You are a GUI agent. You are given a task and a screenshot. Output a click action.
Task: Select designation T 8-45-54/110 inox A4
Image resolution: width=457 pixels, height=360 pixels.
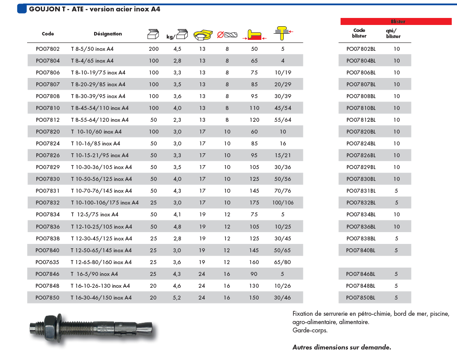click(100, 108)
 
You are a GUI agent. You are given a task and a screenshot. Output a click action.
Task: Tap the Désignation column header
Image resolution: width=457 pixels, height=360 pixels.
click(108, 34)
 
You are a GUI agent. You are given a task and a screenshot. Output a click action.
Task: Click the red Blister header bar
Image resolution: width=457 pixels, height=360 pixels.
click(396, 21)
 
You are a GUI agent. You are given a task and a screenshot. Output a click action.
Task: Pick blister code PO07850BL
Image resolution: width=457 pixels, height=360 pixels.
click(361, 298)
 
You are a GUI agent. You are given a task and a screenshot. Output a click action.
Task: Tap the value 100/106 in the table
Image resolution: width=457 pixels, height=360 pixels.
click(283, 203)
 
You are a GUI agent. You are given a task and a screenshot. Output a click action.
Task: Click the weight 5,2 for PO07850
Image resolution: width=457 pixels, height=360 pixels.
click(177, 298)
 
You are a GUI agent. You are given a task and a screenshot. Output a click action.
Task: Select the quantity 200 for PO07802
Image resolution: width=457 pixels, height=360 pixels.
click(154, 49)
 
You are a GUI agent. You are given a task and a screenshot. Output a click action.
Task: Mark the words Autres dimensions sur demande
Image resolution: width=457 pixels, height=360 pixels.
click(341, 347)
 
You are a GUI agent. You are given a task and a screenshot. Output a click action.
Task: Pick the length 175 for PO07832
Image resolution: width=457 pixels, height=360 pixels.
click(254, 203)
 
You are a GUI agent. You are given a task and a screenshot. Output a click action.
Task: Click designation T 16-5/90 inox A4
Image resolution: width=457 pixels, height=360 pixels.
click(95, 274)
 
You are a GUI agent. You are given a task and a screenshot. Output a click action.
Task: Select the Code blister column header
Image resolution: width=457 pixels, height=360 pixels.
click(359, 33)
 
